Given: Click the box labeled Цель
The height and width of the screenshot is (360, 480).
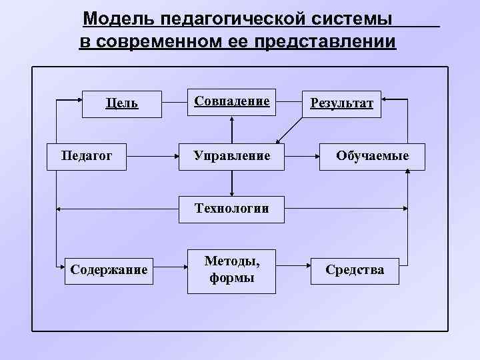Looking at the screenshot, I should [x=121, y=103].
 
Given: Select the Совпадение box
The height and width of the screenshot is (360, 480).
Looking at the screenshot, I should [x=231, y=101].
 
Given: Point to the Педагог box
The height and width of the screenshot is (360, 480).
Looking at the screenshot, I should [x=87, y=156].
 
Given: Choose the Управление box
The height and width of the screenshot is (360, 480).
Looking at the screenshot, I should [x=231, y=156].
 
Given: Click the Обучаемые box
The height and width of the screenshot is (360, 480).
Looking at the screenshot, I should [x=372, y=156].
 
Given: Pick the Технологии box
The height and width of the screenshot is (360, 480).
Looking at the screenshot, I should [x=231, y=209].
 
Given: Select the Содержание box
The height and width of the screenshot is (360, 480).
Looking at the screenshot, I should [x=109, y=270].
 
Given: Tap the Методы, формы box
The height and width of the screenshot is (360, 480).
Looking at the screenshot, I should [x=231, y=270].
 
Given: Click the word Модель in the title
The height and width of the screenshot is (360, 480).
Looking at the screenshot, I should [x=111, y=18].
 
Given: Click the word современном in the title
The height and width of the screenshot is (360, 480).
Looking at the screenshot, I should [x=148, y=42].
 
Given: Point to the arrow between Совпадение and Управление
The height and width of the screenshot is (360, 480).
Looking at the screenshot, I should [x=231, y=129].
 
